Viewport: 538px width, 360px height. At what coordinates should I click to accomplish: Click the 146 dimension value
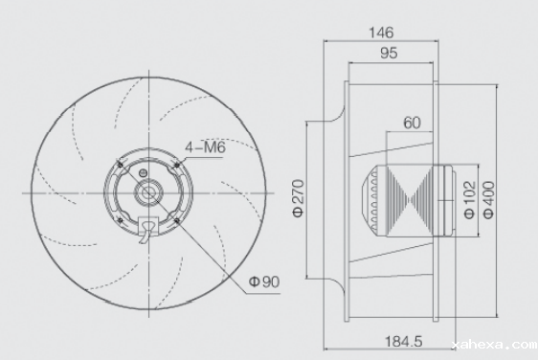pos(381,33)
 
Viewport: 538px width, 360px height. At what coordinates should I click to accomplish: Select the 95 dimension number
pos(389,54)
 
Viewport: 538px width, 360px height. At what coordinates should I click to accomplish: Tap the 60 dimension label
pos(412,123)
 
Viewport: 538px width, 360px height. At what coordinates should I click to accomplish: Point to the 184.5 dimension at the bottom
pos(404,342)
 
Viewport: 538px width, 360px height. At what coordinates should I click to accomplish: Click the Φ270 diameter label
pos(298,198)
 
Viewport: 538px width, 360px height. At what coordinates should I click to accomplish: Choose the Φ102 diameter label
pos(469,200)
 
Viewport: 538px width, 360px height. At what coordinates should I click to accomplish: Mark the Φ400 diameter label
pos(489,200)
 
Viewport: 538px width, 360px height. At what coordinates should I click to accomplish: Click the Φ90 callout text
pos(264,281)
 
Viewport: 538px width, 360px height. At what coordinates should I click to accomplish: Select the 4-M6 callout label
pos(205,147)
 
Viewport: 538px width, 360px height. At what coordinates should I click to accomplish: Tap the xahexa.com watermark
pos(495,345)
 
